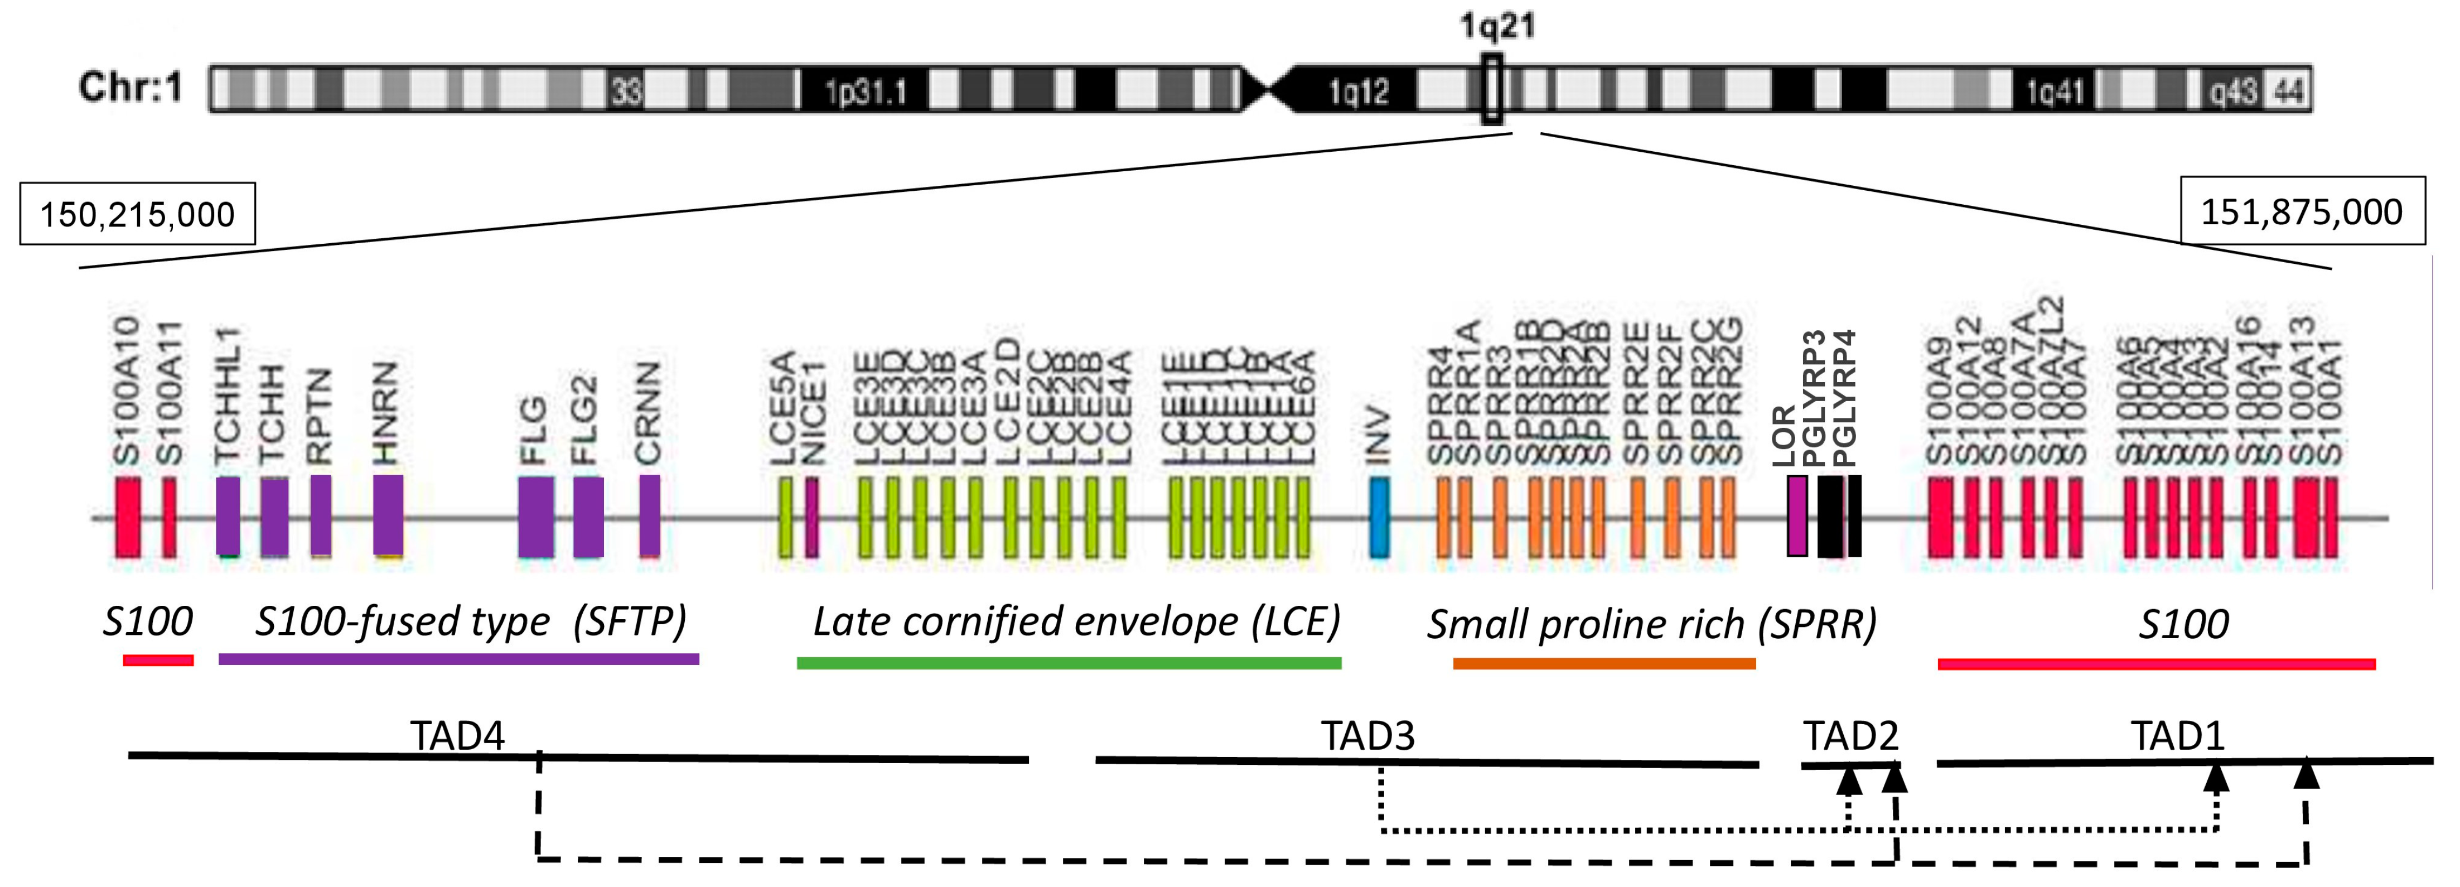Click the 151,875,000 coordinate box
click(x=2302, y=211)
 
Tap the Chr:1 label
click(x=130, y=88)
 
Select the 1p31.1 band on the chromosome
click(x=864, y=91)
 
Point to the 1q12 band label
click(x=1358, y=91)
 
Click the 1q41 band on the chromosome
click(x=2054, y=91)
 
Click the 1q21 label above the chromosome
click(x=1496, y=26)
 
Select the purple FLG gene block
click(x=536, y=517)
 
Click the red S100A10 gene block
click(x=128, y=517)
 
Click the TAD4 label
click(x=457, y=735)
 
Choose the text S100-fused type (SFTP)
click(x=470, y=621)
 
